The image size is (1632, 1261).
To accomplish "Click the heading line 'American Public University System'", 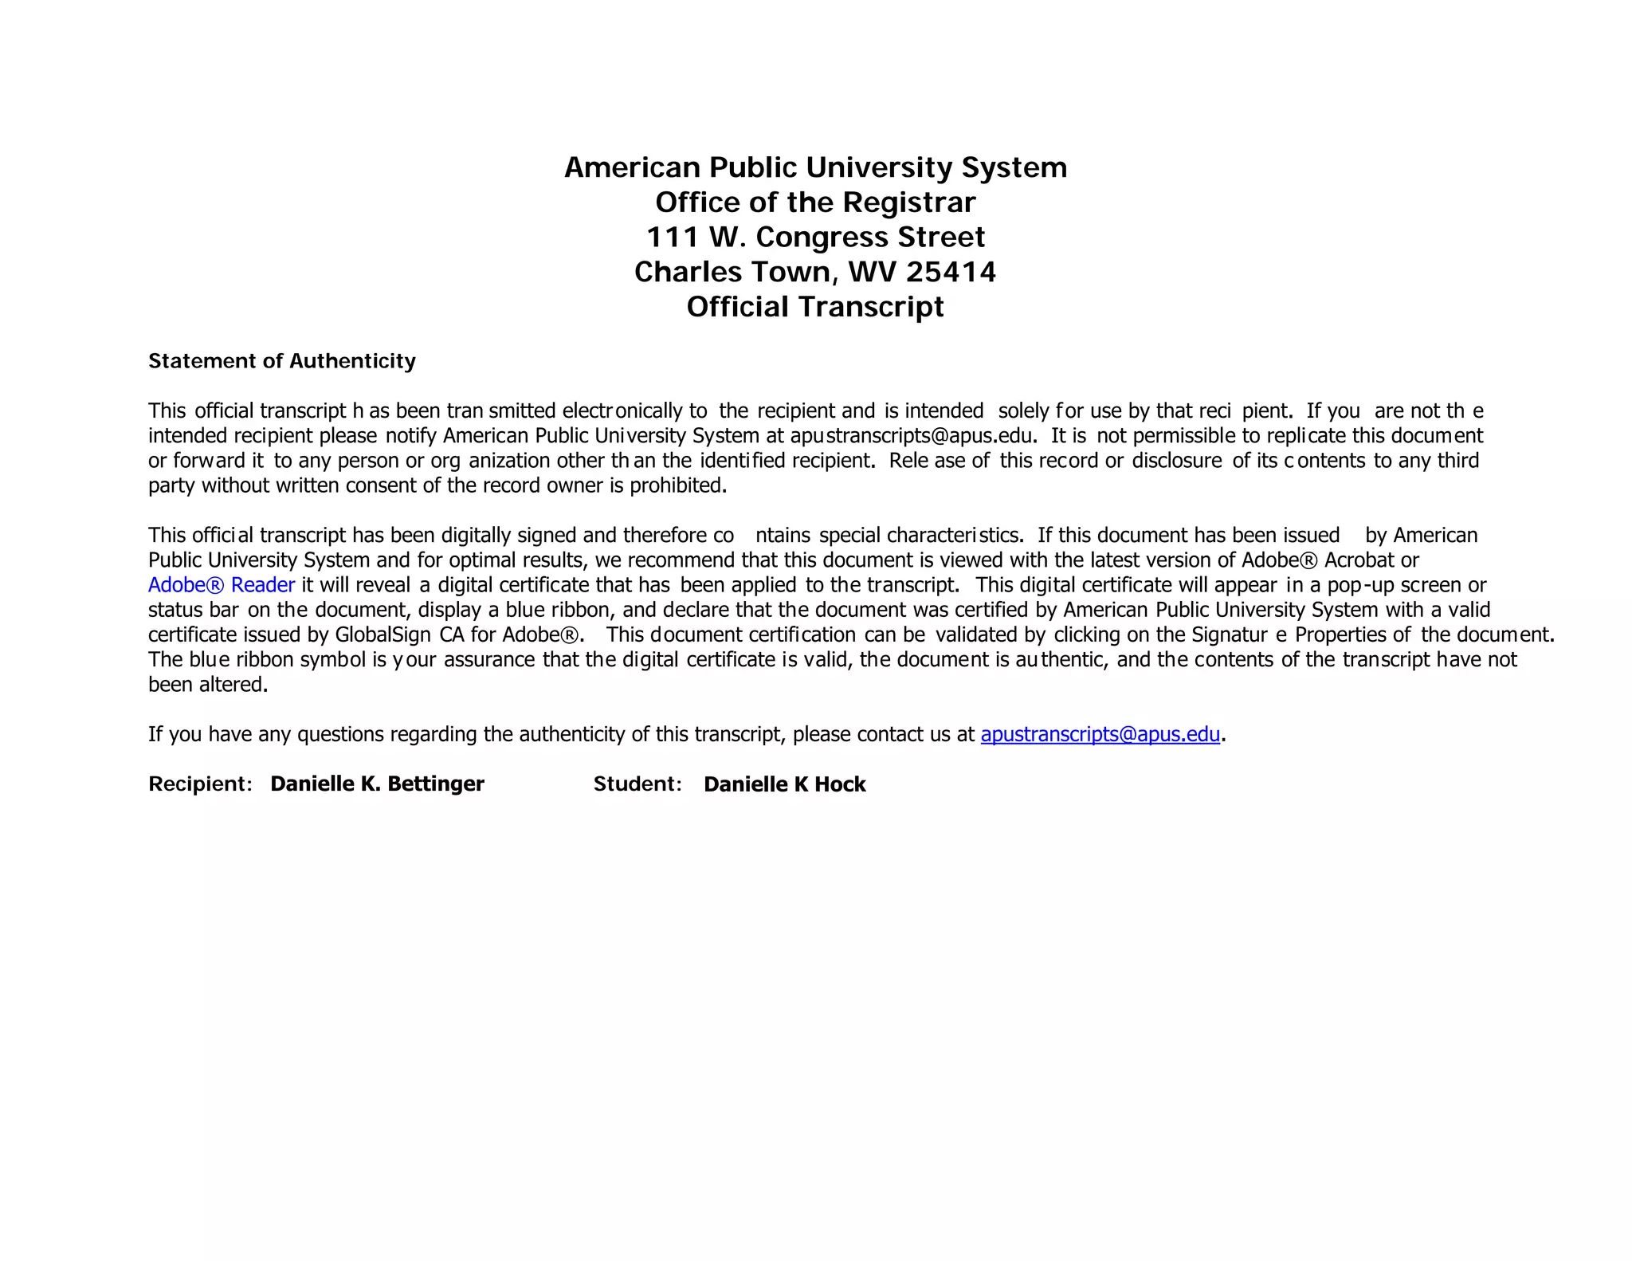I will click(815, 167).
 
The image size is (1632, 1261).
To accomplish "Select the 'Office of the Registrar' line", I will click(815, 202).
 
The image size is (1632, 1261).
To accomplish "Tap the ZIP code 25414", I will click(951, 272).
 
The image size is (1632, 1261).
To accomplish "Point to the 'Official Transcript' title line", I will click(815, 307).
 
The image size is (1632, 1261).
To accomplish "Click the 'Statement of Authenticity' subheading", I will click(282, 361).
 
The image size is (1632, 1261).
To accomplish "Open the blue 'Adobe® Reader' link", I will click(222, 585).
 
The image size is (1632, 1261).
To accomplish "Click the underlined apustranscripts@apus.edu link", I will click(1100, 734).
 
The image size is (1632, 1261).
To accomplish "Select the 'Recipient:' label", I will click(200, 784).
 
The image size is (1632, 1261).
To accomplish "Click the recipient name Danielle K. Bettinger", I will click(377, 784).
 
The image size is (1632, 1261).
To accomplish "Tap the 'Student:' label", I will click(637, 784).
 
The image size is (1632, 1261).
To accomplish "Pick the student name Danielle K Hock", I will click(784, 785).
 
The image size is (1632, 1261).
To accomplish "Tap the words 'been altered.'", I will click(208, 685).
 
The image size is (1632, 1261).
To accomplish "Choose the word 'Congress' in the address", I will click(822, 238).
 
